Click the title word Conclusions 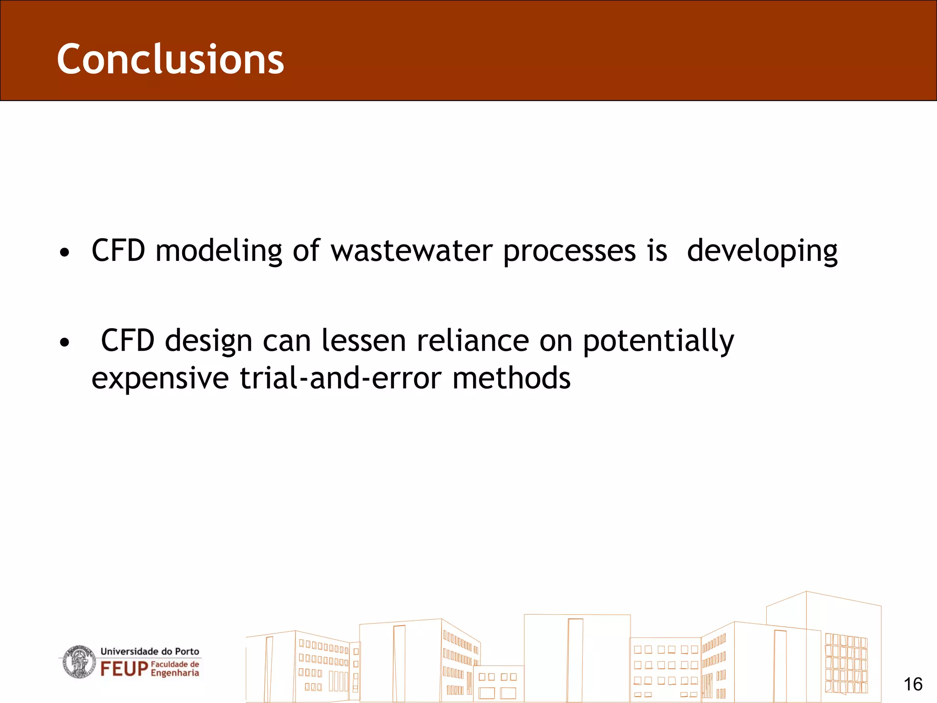tap(170, 59)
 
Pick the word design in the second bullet tap(208, 341)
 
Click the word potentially tap(658, 341)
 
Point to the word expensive tap(160, 379)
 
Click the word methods tap(511, 379)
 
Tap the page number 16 tap(913, 685)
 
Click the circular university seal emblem tap(79, 662)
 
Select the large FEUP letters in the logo tap(124, 669)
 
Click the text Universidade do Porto tap(150, 651)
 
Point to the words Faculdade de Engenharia tap(175, 669)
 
